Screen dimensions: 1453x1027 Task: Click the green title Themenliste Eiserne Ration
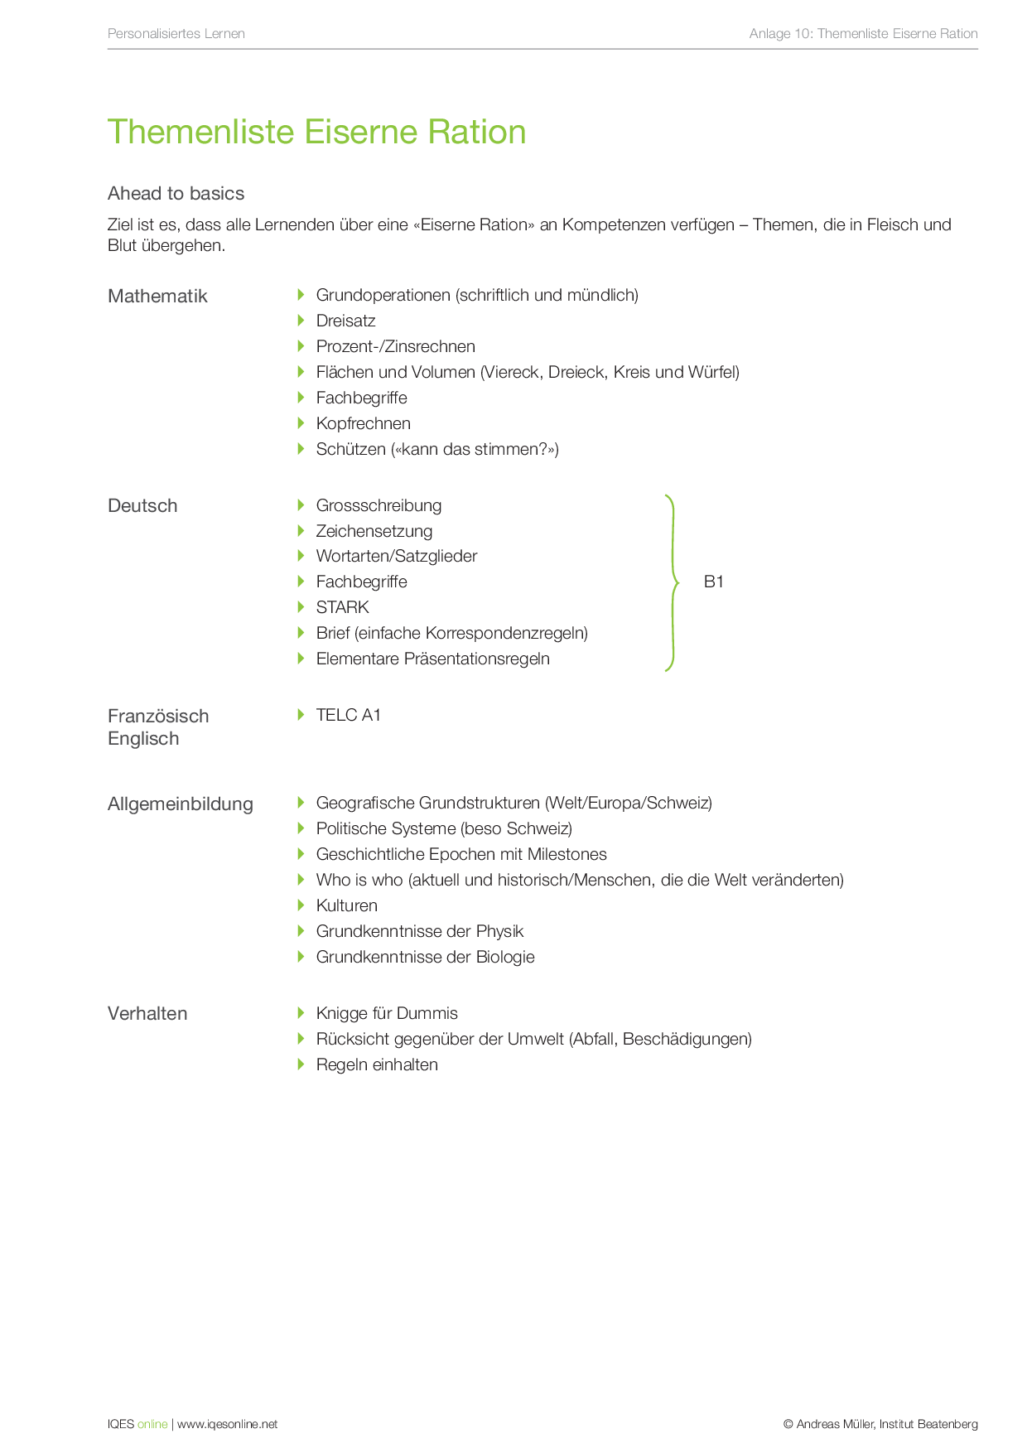click(316, 133)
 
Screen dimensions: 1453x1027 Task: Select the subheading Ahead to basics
click(176, 194)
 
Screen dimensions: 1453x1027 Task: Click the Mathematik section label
click(157, 297)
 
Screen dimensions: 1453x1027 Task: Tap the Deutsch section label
click(142, 506)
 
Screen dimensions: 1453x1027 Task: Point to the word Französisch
click(158, 717)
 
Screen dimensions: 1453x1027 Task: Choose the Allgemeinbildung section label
click(181, 804)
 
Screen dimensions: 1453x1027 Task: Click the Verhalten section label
click(147, 1014)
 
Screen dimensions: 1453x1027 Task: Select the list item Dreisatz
click(345, 321)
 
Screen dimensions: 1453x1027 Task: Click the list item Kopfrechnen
click(363, 424)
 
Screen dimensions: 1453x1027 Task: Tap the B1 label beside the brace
click(713, 582)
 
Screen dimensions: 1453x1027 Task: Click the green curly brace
click(673, 582)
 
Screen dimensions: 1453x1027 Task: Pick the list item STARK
click(342, 608)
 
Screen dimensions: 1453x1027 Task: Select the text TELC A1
click(348, 716)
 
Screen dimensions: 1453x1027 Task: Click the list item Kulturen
click(346, 906)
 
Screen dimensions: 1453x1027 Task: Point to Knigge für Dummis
click(386, 1014)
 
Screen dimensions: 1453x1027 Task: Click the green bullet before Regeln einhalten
click(301, 1064)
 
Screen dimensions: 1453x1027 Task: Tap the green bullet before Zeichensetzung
click(301, 531)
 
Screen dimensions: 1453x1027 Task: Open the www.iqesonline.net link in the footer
click(227, 1425)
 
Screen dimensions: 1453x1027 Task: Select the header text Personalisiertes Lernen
click(176, 34)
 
